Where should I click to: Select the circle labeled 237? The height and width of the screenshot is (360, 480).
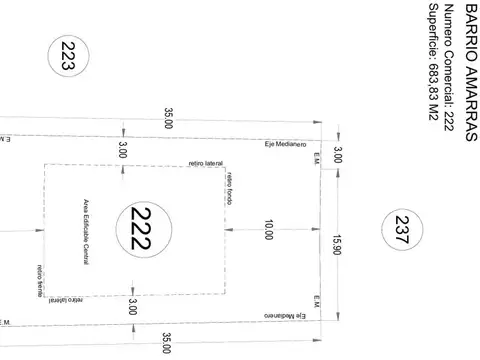click(x=403, y=234)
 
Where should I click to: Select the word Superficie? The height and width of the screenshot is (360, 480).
click(x=431, y=31)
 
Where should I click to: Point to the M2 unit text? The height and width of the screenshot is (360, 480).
click(x=431, y=115)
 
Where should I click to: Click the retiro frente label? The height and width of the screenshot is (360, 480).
click(x=40, y=281)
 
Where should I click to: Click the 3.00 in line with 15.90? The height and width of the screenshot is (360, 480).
click(x=338, y=155)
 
